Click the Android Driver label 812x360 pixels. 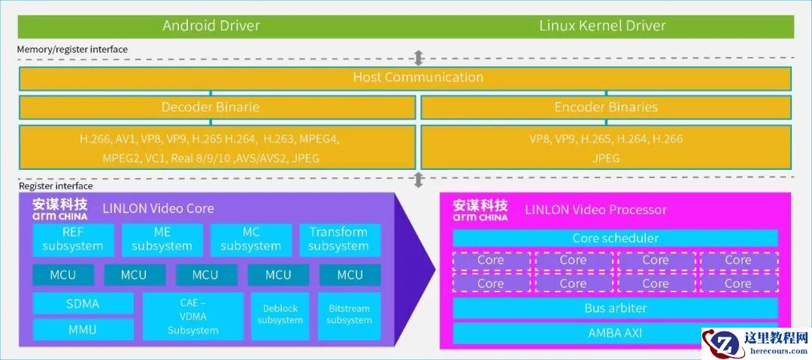point(211,26)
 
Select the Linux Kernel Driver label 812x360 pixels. point(602,26)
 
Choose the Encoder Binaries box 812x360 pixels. point(606,107)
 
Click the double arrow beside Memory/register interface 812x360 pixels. point(419,58)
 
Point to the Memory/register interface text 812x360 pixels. point(72,50)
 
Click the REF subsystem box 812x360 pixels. point(73,240)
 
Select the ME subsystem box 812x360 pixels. point(162,240)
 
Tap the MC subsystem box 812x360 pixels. point(250,240)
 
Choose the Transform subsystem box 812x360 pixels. point(339,240)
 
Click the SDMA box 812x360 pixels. point(83,304)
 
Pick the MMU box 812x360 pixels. point(83,330)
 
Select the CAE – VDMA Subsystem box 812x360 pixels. point(193,316)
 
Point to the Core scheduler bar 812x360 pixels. point(615,238)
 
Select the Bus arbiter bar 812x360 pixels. point(615,308)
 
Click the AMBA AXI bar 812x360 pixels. point(615,333)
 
